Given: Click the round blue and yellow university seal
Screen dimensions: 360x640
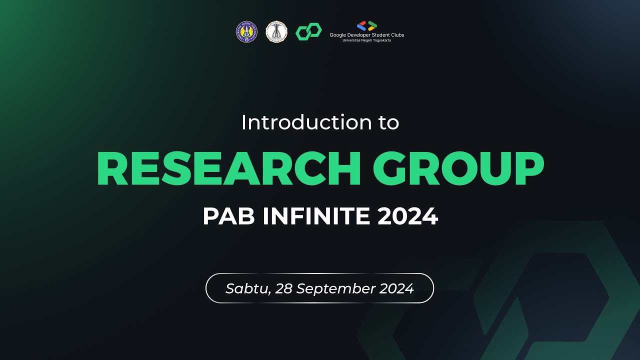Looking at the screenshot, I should [x=246, y=31].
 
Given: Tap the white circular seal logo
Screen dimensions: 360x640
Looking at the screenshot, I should [x=276, y=31].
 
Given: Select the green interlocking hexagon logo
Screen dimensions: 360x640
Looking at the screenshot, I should [x=308, y=32].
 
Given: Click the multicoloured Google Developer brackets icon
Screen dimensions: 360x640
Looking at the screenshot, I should [x=367, y=26].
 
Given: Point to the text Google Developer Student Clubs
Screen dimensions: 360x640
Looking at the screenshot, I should [x=366, y=35].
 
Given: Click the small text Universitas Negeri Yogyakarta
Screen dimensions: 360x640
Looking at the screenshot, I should [x=366, y=40].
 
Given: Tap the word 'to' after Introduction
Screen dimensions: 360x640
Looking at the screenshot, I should [x=388, y=123].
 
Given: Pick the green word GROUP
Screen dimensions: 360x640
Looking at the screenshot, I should [x=458, y=168].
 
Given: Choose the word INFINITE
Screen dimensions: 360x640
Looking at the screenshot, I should [x=317, y=216].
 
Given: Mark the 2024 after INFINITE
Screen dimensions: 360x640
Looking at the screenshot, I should [x=407, y=216].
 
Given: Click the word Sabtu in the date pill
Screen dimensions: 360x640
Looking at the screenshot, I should [x=244, y=288].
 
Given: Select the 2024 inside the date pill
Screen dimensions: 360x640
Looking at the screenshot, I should [x=396, y=288].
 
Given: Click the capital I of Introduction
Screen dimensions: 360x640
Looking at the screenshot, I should [x=244, y=122].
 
